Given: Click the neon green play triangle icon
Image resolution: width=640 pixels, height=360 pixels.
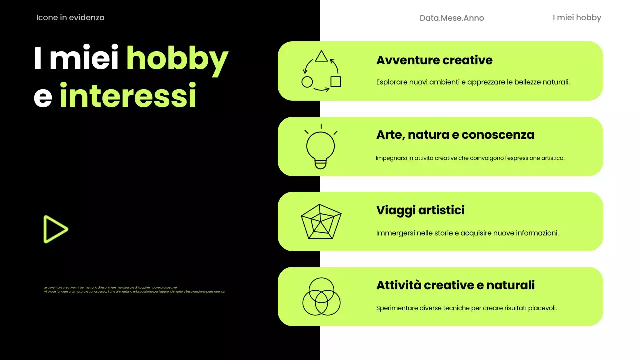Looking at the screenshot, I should [55, 229].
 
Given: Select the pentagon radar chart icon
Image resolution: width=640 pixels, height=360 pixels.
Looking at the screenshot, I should [321, 222].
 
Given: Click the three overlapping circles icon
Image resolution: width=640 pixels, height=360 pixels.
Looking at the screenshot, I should [321, 297].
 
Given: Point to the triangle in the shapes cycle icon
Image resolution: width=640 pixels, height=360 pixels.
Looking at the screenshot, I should [321, 56].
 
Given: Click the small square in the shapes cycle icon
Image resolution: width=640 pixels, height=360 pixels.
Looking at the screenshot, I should [336, 81].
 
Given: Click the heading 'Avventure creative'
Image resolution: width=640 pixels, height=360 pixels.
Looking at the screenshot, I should [434, 60].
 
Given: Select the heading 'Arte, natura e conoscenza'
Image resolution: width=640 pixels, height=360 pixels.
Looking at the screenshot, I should [455, 135].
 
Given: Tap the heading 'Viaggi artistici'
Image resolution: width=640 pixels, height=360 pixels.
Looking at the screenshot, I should [420, 210].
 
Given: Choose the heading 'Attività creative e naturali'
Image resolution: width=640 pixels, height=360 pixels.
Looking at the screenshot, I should [455, 285].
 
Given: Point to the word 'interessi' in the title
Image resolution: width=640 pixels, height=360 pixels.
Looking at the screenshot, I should [128, 96].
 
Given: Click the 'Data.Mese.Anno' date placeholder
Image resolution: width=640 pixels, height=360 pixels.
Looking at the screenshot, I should [452, 18].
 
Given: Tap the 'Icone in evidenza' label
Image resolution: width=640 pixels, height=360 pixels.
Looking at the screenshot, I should [70, 18].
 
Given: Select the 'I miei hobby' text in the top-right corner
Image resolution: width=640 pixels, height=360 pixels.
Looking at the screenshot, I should [577, 18].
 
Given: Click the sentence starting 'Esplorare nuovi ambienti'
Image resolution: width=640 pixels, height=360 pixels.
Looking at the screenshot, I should [473, 82].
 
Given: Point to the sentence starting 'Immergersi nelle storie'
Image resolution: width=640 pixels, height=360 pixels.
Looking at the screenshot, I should [467, 233].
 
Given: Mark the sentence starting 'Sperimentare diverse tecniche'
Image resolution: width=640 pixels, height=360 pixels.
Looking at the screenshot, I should [466, 308].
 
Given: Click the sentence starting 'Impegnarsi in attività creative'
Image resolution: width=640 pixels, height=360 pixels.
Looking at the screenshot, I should [470, 158].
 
